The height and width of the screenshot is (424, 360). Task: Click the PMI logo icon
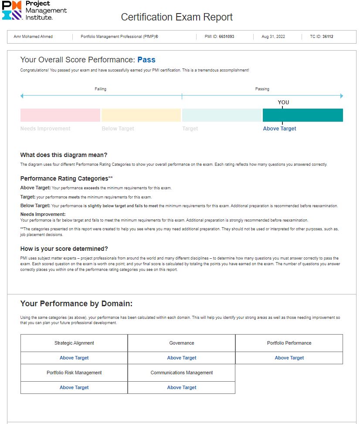(11, 10)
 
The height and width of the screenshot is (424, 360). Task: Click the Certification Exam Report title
(177, 17)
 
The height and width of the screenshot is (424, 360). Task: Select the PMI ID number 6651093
(226, 37)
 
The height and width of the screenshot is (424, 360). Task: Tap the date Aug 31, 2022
(273, 37)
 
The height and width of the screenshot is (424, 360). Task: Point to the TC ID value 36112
(328, 37)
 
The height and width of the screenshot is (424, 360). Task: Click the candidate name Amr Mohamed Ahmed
(31, 37)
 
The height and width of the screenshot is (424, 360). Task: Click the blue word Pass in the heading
(146, 60)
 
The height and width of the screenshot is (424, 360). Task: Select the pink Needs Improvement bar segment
(60, 115)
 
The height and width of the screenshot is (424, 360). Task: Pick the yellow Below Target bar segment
(141, 115)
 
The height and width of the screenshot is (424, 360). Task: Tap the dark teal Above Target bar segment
(302, 115)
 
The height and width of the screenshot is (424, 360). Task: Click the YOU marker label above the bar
(283, 103)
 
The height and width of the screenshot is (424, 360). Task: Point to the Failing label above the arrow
(100, 89)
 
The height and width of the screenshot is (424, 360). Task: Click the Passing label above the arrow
(262, 89)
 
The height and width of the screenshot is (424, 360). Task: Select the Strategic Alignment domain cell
(74, 343)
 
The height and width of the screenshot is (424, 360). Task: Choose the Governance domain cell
(182, 343)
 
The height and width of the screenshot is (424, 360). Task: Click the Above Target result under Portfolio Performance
(289, 358)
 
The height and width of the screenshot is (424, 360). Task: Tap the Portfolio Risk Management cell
(74, 373)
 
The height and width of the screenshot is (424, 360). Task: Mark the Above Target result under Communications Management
(182, 387)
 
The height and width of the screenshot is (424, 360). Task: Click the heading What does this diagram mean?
(64, 155)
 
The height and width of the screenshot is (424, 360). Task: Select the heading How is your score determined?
(64, 249)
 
